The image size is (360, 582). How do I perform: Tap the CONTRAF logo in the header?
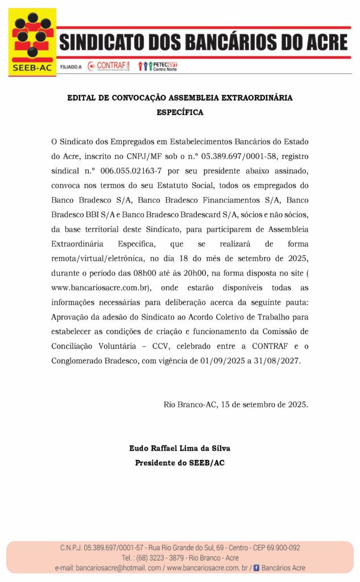(109, 66)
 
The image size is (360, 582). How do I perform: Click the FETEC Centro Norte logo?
(159, 66)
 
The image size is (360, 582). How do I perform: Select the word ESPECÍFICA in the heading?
(180, 113)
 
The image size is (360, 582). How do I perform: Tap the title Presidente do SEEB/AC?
(180, 463)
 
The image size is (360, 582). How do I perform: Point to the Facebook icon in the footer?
(256, 568)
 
